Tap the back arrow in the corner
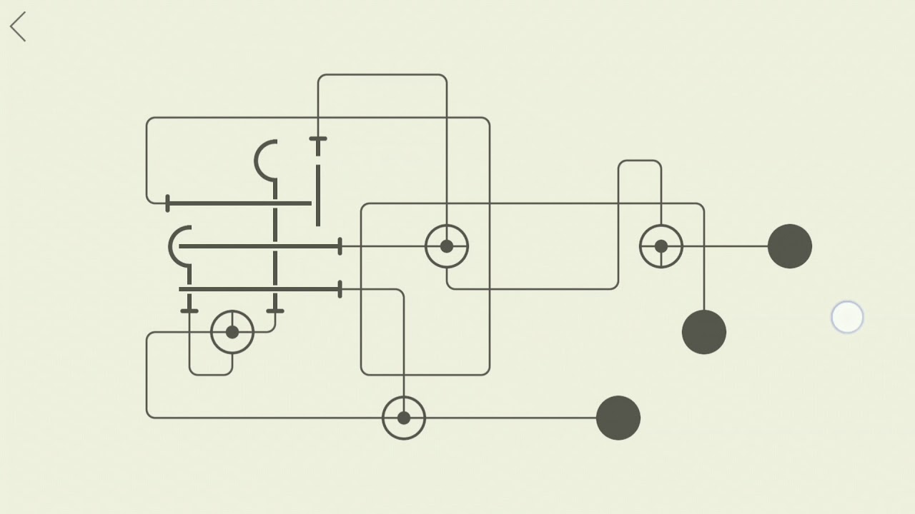point(18,27)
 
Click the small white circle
point(847,318)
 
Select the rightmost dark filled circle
point(790,246)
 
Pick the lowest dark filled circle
point(618,418)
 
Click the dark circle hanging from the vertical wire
point(704,332)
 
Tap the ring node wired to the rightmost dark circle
point(661,246)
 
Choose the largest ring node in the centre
point(447,246)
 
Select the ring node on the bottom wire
point(404,418)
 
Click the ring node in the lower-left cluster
point(232,332)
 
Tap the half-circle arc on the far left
point(178,246)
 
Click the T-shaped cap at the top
point(318,140)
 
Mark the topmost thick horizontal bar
point(239,203)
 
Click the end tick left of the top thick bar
point(167,203)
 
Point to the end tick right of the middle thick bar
point(340,246)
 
